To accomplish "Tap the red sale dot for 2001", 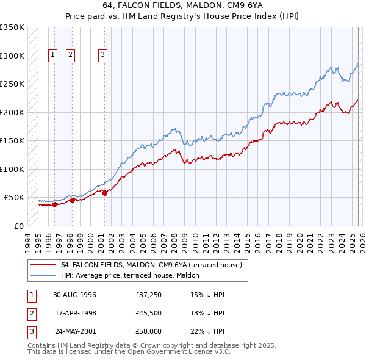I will [104, 193].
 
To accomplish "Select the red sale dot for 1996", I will [55, 205].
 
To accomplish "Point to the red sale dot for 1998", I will [72, 200].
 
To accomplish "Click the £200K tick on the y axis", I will [12, 112].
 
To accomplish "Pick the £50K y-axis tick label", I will [14, 198].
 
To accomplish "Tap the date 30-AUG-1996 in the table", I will [74, 295].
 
